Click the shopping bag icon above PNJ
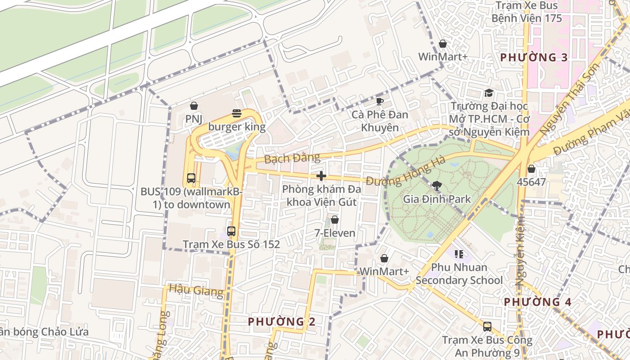coord(194,106)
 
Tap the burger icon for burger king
coord(237,113)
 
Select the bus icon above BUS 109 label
coord(191,178)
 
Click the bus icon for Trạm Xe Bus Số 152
coord(231,231)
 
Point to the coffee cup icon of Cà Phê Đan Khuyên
coord(380,101)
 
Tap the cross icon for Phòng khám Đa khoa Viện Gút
coord(321,175)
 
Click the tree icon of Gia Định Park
coord(436,185)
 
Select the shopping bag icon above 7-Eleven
coord(335,220)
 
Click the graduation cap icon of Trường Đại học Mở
coord(489,93)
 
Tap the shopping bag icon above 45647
coord(531,169)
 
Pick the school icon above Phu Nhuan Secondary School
coord(459,254)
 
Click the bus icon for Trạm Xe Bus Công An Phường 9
coord(487,326)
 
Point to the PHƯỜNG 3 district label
coord(534,58)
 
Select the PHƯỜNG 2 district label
coord(282,322)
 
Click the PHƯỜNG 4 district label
coord(537,302)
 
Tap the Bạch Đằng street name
coord(292,158)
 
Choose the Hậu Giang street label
coord(196,291)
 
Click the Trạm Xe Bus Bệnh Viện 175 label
coord(526,12)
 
